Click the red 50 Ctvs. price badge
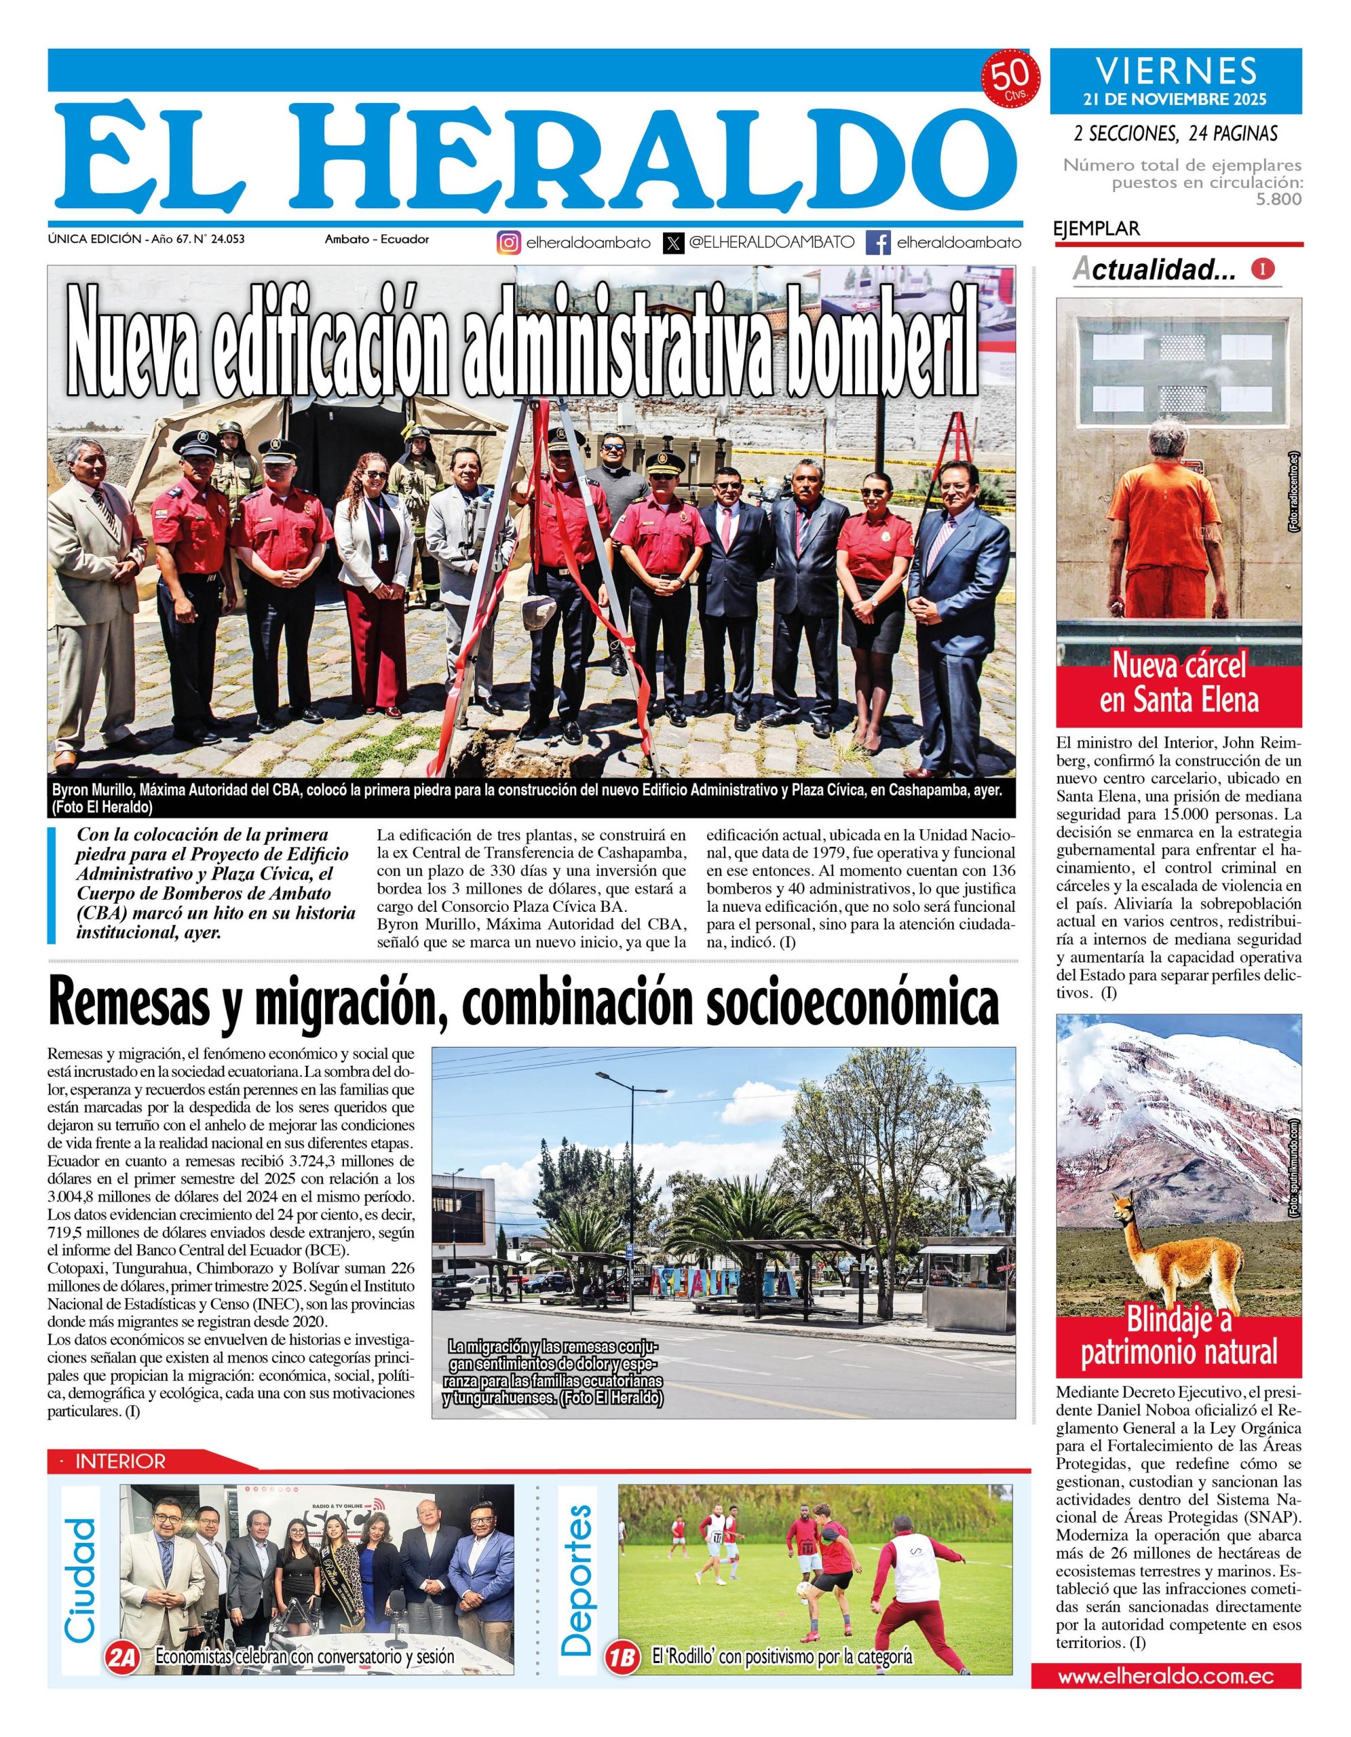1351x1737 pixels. [x=1013, y=80]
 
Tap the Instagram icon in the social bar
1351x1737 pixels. [x=509, y=243]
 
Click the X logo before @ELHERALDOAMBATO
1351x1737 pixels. [x=674, y=243]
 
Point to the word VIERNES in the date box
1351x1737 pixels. [x=1176, y=71]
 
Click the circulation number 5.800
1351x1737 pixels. [x=1278, y=199]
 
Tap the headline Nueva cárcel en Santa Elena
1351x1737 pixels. [x=1179, y=683]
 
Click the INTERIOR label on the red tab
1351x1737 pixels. [x=120, y=1461]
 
